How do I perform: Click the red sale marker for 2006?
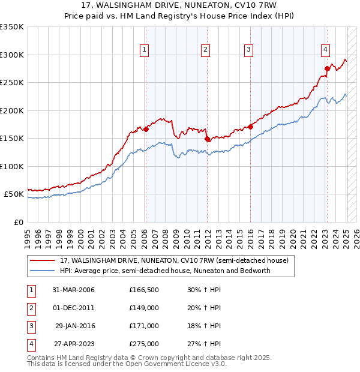click(146, 129)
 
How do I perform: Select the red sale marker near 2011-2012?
click(207, 139)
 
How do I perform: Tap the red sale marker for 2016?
click(251, 127)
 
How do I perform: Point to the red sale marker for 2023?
click(327, 68)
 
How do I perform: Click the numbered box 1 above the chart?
click(145, 50)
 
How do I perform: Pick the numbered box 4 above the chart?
click(325, 50)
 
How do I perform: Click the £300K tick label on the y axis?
click(12, 55)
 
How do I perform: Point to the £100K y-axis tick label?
click(12, 166)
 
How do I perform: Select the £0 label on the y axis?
click(18, 222)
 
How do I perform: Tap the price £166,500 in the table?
click(143, 290)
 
